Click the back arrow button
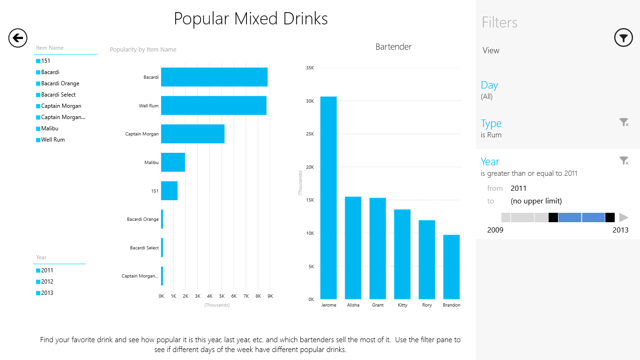click(x=18, y=38)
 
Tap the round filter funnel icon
click(x=623, y=38)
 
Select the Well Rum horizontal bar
click(x=214, y=105)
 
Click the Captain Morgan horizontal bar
click(x=193, y=134)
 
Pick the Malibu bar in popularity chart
click(x=173, y=162)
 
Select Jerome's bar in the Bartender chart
click(x=328, y=197)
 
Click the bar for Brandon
click(x=451, y=267)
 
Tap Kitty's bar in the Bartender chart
click(x=402, y=254)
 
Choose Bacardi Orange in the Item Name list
click(x=60, y=83)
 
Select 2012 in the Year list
click(x=47, y=282)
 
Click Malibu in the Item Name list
click(x=50, y=128)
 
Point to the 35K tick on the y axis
click(x=310, y=68)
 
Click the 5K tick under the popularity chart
click(x=222, y=296)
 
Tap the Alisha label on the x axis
click(x=353, y=305)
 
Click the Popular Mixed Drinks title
click(x=251, y=19)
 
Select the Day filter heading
click(x=489, y=85)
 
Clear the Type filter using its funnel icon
click(x=624, y=123)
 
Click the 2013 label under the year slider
click(x=620, y=230)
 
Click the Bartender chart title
click(x=394, y=47)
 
